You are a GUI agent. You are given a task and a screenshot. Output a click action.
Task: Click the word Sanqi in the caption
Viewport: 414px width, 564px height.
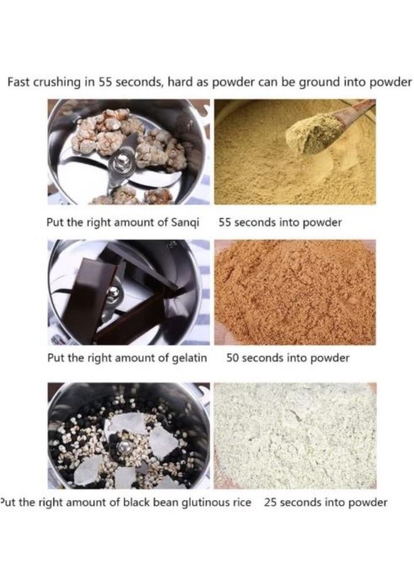pos(185,222)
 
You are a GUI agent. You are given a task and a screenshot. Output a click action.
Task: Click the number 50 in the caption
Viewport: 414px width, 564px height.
pos(233,358)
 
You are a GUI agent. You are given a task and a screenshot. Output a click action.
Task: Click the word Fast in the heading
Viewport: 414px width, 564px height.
pos(19,82)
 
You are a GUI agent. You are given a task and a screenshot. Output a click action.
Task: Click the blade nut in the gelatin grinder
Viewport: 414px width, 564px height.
pos(115,291)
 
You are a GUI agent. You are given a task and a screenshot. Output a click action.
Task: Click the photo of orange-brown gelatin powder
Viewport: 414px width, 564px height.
pos(295,293)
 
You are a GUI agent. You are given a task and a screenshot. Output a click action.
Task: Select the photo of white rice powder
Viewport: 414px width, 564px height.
pos(295,436)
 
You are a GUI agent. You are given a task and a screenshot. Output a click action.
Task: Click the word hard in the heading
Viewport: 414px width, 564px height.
pos(180,82)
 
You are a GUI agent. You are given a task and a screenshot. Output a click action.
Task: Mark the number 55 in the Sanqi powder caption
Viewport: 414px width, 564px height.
pos(225,222)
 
